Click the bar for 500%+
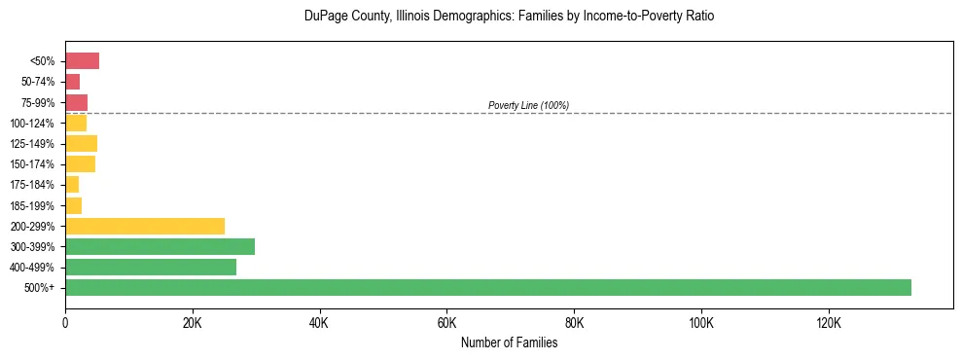[x=487, y=287]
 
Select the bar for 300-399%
[x=160, y=246]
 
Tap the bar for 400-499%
[x=151, y=267]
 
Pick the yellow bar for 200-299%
[x=145, y=226]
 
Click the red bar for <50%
[x=82, y=61]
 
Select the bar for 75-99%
[x=76, y=102]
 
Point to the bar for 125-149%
[x=81, y=144]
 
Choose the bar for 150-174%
[x=80, y=164]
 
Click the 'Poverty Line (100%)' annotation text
[x=528, y=105]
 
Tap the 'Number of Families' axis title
[x=509, y=342]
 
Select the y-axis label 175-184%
[x=32, y=185]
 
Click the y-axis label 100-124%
[x=32, y=124]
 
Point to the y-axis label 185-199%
[x=32, y=205]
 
